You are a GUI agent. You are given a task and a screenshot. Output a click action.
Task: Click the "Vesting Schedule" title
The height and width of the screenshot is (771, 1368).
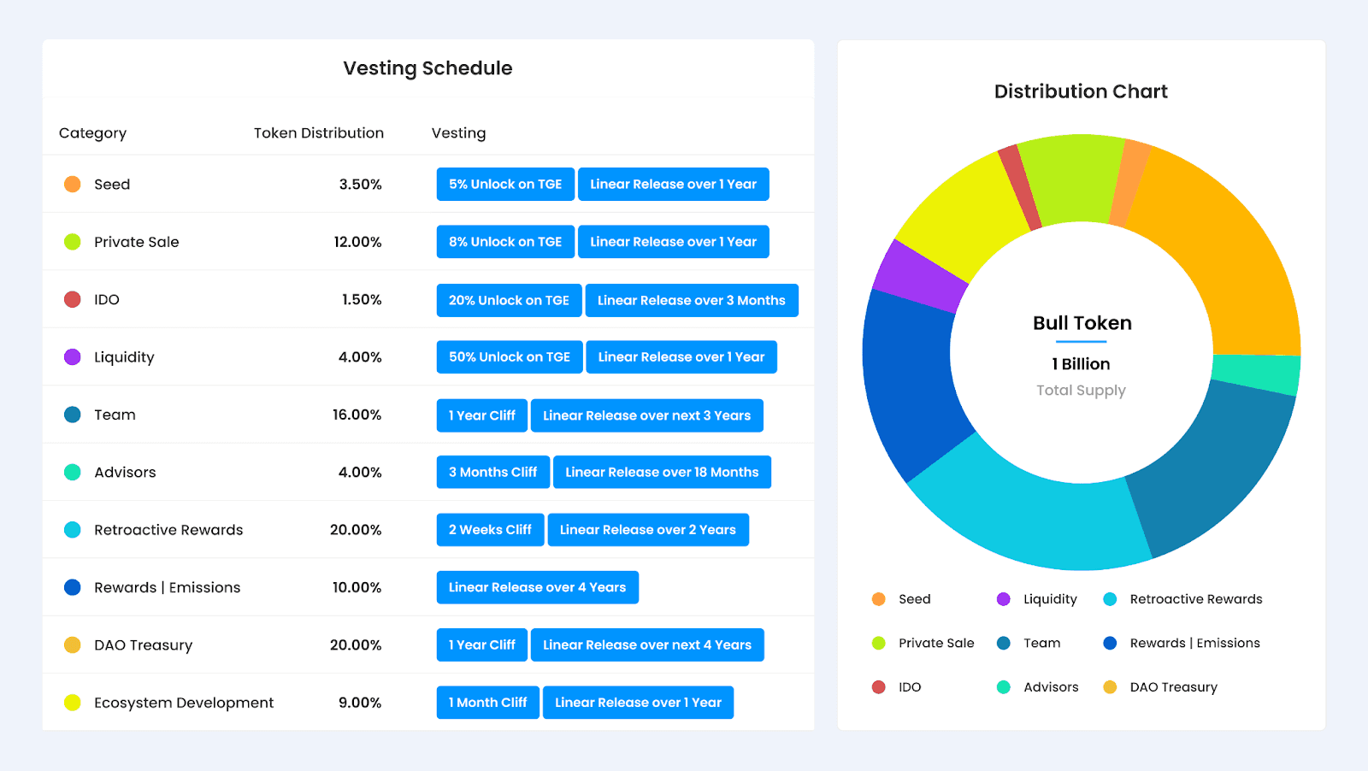[427, 68]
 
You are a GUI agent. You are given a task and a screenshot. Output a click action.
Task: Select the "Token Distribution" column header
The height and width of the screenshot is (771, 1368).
[318, 133]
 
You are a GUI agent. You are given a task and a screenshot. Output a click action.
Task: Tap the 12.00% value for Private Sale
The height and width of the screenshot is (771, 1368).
[357, 242]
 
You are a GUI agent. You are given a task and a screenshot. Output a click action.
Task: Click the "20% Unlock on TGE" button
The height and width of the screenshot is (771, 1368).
[509, 300]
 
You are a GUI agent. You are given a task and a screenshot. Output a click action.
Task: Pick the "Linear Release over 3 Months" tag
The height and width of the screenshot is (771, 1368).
[691, 300]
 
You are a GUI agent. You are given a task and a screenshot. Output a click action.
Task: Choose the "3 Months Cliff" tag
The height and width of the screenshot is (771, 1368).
[492, 472]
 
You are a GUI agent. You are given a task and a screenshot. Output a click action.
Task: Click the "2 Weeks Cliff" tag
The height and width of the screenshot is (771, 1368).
[490, 530]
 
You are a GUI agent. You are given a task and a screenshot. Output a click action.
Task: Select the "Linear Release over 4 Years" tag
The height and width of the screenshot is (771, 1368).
[537, 587]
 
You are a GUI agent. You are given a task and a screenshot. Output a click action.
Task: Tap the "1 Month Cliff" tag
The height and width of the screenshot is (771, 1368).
[487, 703]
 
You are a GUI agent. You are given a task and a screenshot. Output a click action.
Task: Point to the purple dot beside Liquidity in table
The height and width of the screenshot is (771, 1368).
[73, 357]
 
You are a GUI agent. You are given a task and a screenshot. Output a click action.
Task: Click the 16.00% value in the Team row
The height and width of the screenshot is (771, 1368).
[357, 415]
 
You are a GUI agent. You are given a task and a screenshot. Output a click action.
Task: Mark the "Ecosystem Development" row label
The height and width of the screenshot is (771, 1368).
[184, 703]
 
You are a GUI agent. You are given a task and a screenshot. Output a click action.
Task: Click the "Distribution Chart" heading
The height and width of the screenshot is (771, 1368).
[1081, 91]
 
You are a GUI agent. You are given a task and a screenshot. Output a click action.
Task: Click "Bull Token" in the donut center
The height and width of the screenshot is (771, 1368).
[1082, 323]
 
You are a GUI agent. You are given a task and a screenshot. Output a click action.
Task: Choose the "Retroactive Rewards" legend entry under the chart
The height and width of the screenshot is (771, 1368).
[1195, 599]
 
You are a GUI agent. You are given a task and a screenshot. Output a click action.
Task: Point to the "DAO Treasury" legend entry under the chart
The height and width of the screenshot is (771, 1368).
[1173, 687]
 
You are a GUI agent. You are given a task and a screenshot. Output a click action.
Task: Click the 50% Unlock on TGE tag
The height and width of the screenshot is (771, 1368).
[509, 357]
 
